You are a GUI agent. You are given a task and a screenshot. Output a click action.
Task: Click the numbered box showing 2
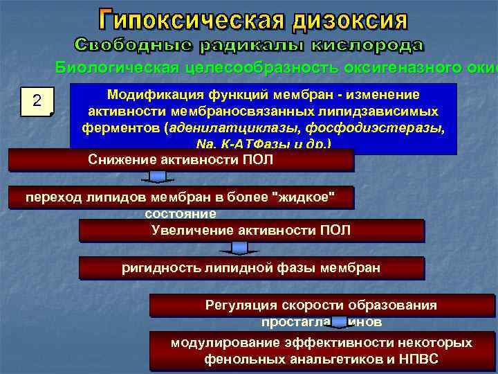tap(37, 102)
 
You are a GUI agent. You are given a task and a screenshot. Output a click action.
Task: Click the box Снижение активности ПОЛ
tap(181, 160)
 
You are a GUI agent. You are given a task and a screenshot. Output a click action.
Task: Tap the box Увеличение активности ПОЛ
tap(250, 230)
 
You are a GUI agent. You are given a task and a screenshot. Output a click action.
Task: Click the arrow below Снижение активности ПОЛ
tap(158, 178)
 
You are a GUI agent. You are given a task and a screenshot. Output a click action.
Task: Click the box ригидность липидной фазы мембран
tap(250, 267)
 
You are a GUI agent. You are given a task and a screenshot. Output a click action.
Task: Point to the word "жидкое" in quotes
tap(305, 197)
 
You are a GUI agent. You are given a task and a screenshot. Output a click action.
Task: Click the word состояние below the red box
tap(181, 214)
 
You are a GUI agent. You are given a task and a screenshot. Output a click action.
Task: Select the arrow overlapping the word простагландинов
tap(339, 321)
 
